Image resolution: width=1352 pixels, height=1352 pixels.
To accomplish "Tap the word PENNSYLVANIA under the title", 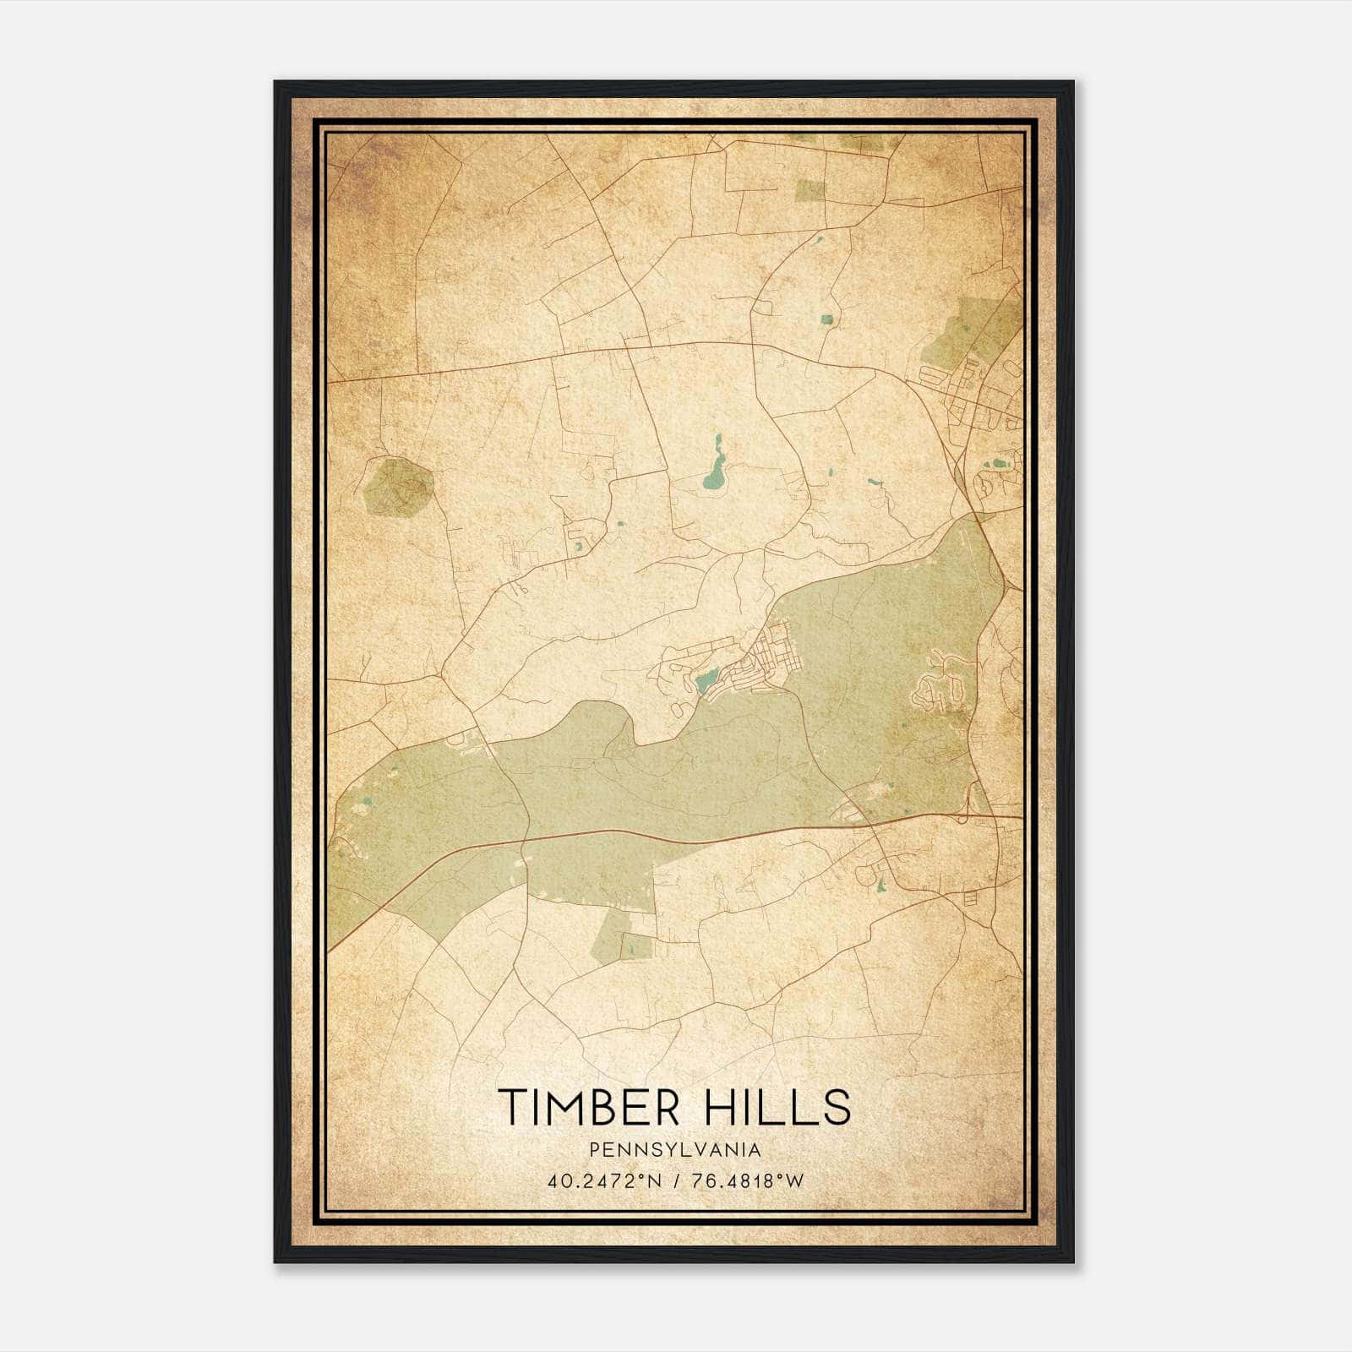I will (675, 1150).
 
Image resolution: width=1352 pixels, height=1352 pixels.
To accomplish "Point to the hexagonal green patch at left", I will (398, 486).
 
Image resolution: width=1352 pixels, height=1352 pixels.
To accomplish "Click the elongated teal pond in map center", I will (714, 470).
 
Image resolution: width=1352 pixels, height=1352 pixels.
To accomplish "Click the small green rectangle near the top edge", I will (810, 190).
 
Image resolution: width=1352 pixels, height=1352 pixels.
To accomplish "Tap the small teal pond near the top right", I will (826, 319).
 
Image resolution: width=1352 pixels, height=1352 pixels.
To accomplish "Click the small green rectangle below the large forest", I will (635, 946).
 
